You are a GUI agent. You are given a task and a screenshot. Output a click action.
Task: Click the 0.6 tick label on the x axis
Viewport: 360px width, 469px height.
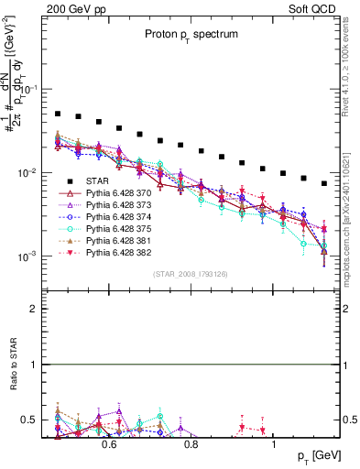point(108,444)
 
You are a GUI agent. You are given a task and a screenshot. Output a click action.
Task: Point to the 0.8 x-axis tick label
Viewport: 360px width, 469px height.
point(191,444)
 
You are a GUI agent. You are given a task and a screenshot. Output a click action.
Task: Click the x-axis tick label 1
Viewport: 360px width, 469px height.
point(275,444)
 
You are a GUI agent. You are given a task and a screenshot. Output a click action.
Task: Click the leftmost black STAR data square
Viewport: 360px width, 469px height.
point(57,114)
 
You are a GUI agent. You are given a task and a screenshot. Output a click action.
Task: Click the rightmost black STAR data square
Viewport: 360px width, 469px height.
point(324,183)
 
